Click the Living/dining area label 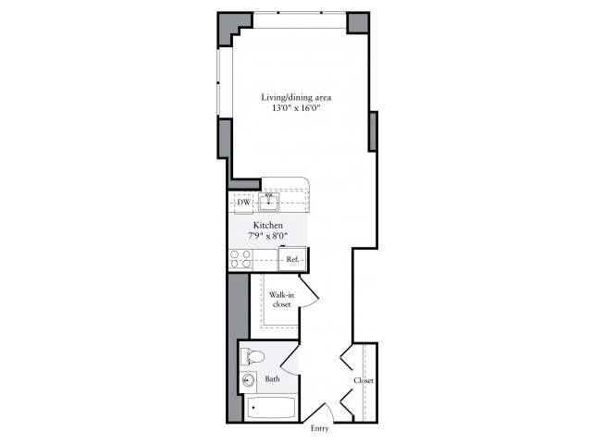[296, 96]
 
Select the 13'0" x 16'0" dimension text [296, 108]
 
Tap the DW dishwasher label [243, 202]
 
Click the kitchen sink [270, 201]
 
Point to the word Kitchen [268, 225]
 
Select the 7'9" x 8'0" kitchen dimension [268, 237]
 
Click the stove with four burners [240, 259]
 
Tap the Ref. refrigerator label [291, 260]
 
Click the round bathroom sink [249, 380]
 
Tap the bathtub [271, 408]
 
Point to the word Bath [273, 379]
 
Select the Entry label [319, 428]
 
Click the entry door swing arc [321, 413]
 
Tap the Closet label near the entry [363, 380]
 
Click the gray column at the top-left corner [230, 26]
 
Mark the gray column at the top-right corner [358, 22]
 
